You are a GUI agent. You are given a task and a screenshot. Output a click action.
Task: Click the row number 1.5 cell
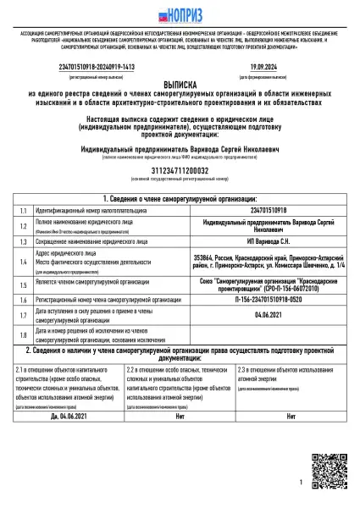(x=23, y=284)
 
